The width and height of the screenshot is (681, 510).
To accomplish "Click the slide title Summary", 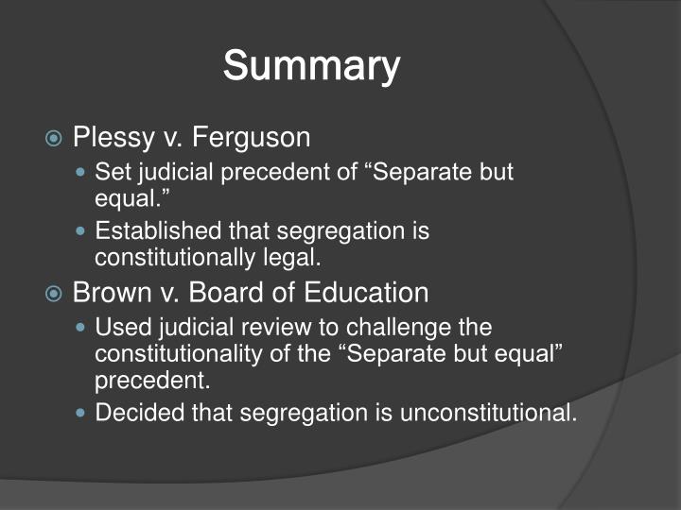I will click(x=311, y=67).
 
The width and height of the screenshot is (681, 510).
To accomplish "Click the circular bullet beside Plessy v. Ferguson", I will click(x=55, y=139).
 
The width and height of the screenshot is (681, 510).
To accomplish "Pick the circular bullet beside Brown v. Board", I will click(x=55, y=294).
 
